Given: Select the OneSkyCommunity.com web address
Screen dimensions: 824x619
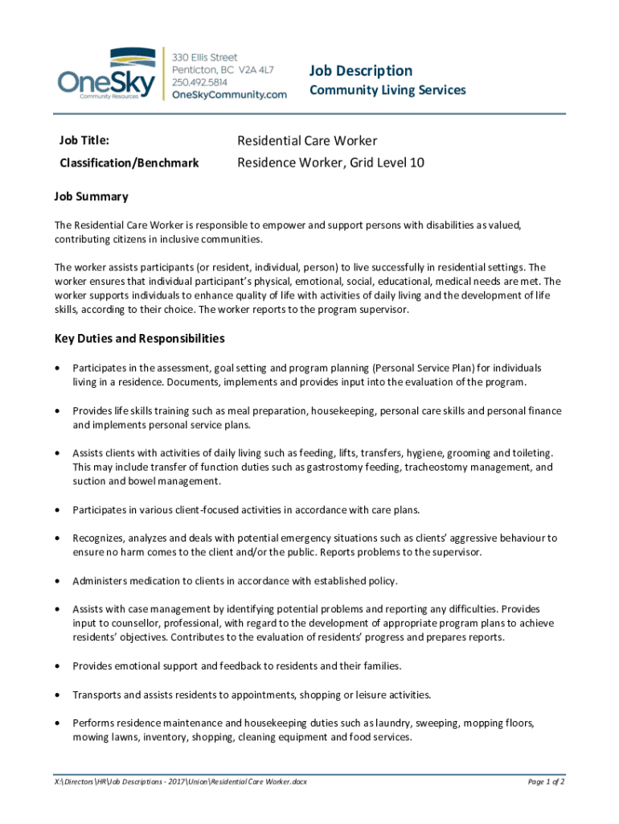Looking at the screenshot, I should coord(230,95).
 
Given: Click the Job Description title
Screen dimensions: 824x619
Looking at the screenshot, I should coord(361,71).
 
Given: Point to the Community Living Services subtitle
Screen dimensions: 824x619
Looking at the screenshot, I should coord(387,90).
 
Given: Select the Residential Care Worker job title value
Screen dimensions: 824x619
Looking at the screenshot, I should coord(307,141).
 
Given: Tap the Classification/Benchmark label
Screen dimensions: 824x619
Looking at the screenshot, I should coord(129,163).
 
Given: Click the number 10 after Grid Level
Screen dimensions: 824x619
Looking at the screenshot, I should coord(416,163).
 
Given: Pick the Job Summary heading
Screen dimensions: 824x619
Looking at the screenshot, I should coord(91,196).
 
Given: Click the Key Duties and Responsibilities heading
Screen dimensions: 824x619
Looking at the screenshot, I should coord(139,338).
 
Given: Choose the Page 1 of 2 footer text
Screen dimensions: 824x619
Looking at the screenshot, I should coord(546,781).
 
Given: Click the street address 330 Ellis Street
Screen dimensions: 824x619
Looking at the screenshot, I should coord(205,57).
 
